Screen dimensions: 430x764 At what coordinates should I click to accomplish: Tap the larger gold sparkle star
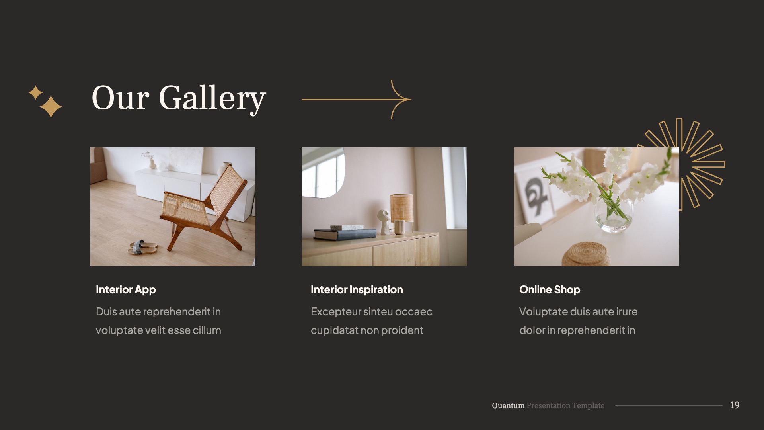click(51, 107)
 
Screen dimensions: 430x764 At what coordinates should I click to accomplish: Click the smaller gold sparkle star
click(35, 92)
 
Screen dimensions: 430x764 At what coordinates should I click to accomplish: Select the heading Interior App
click(126, 290)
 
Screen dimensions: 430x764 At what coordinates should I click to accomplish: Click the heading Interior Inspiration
click(357, 290)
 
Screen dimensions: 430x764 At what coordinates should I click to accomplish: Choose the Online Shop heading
click(550, 290)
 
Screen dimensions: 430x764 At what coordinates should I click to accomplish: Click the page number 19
click(735, 405)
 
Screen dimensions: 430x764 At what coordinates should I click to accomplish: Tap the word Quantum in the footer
click(508, 405)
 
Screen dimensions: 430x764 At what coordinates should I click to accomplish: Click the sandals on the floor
click(142, 247)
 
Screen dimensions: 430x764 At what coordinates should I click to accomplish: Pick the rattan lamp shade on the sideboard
click(401, 207)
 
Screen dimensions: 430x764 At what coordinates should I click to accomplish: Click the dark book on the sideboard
click(345, 234)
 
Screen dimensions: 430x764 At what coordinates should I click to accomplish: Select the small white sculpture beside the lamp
click(384, 221)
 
